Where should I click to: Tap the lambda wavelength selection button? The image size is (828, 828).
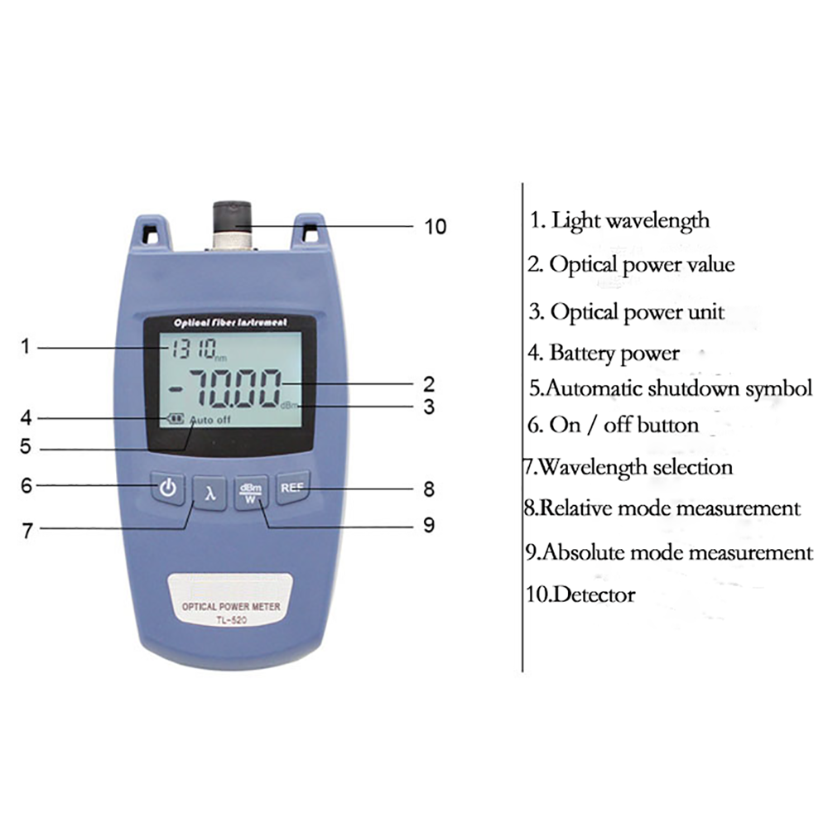pyautogui.click(x=211, y=494)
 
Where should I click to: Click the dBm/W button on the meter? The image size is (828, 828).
pyautogui.click(x=250, y=493)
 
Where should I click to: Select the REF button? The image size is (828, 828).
pyautogui.click(x=291, y=489)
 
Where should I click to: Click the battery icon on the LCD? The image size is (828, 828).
pyautogui.click(x=175, y=419)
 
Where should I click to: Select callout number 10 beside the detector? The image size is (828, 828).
pyautogui.click(x=435, y=226)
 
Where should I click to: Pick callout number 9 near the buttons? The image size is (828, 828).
pyautogui.click(x=428, y=525)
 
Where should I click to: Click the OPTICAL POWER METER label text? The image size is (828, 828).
pyautogui.click(x=231, y=607)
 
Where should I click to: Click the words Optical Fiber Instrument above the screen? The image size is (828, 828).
pyautogui.click(x=230, y=321)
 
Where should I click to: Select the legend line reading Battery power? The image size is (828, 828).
pyautogui.click(x=604, y=354)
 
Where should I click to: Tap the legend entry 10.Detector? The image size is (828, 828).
pyautogui.click(x=580, y=594)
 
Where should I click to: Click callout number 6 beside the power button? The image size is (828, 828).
pyautogui.click(x=26, y=485)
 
